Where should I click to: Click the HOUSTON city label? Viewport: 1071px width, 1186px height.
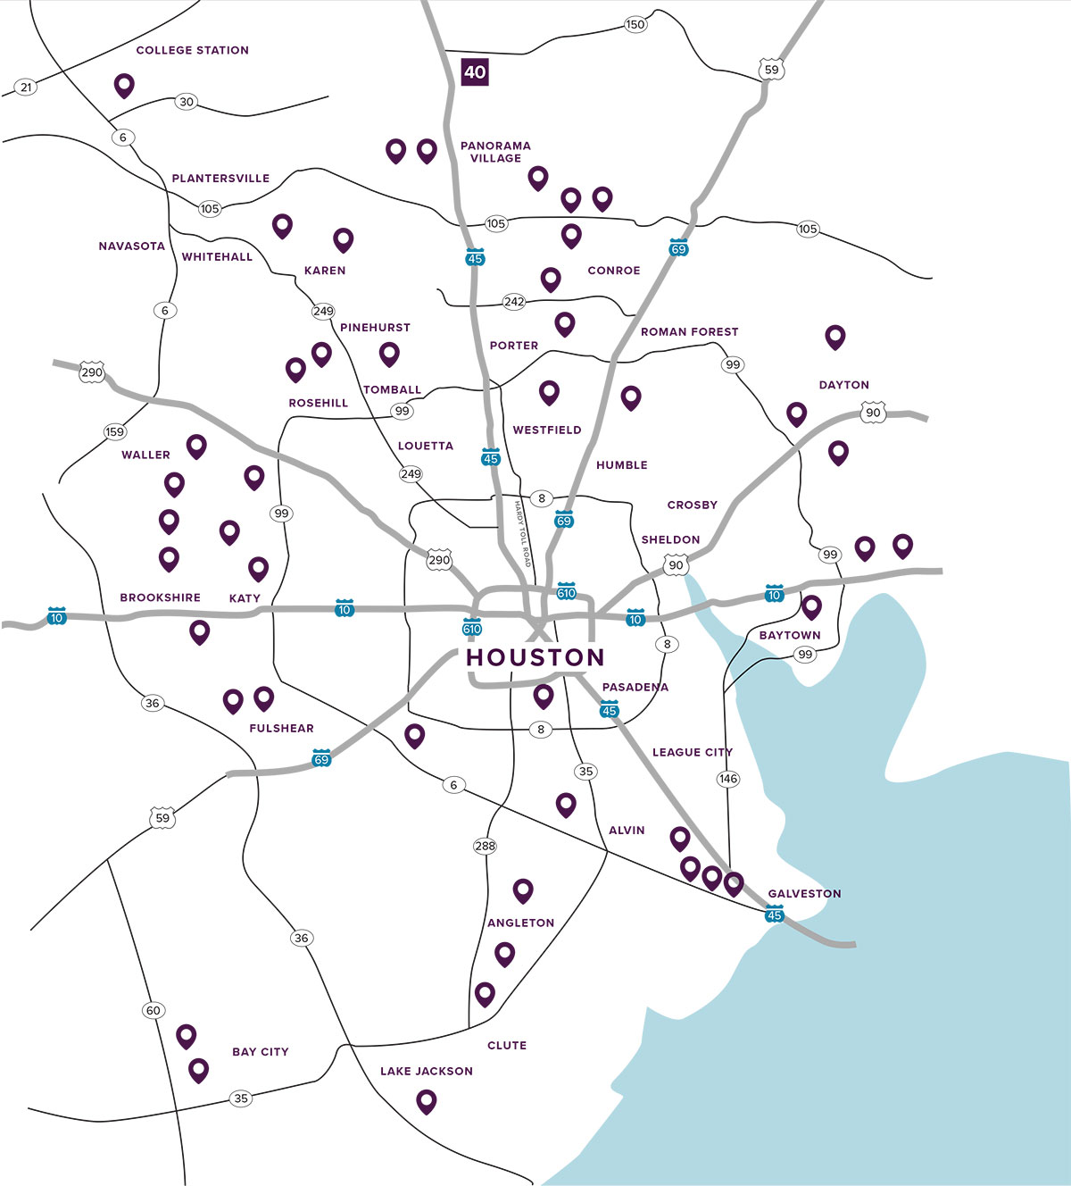tap(535, 657)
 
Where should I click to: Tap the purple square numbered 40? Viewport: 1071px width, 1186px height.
tap(475, 71)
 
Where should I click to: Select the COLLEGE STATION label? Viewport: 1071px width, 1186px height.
tap(192, 51)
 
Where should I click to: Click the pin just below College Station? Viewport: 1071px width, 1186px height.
tap(124, 85)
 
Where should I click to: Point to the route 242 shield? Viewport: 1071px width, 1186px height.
tap(514, 302)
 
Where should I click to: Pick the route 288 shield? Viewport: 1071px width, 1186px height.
tap(485, 846)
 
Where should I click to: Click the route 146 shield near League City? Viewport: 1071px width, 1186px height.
tap(728, 779)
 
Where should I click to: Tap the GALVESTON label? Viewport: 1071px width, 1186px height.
tap(804, 893)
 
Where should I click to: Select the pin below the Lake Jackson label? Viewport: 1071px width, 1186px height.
tap(427, 1100)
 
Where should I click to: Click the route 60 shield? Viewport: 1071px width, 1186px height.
tap(154, 1010)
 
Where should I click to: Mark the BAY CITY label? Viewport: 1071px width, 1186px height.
tap(261, 1052)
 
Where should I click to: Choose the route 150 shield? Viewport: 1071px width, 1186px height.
tap(635, 24)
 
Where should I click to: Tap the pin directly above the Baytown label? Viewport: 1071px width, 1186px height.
tap(811, 606)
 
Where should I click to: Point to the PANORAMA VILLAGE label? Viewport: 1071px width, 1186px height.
tap(495, 152)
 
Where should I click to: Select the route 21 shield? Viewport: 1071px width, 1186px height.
tap(26, 87)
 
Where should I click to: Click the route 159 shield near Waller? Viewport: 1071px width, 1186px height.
tap(115, 432)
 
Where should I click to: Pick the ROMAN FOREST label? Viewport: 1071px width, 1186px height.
tap(689, 332)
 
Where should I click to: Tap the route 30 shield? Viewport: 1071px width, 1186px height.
tap(186, 102)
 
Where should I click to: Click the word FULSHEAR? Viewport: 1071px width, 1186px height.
tap(281, 729)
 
